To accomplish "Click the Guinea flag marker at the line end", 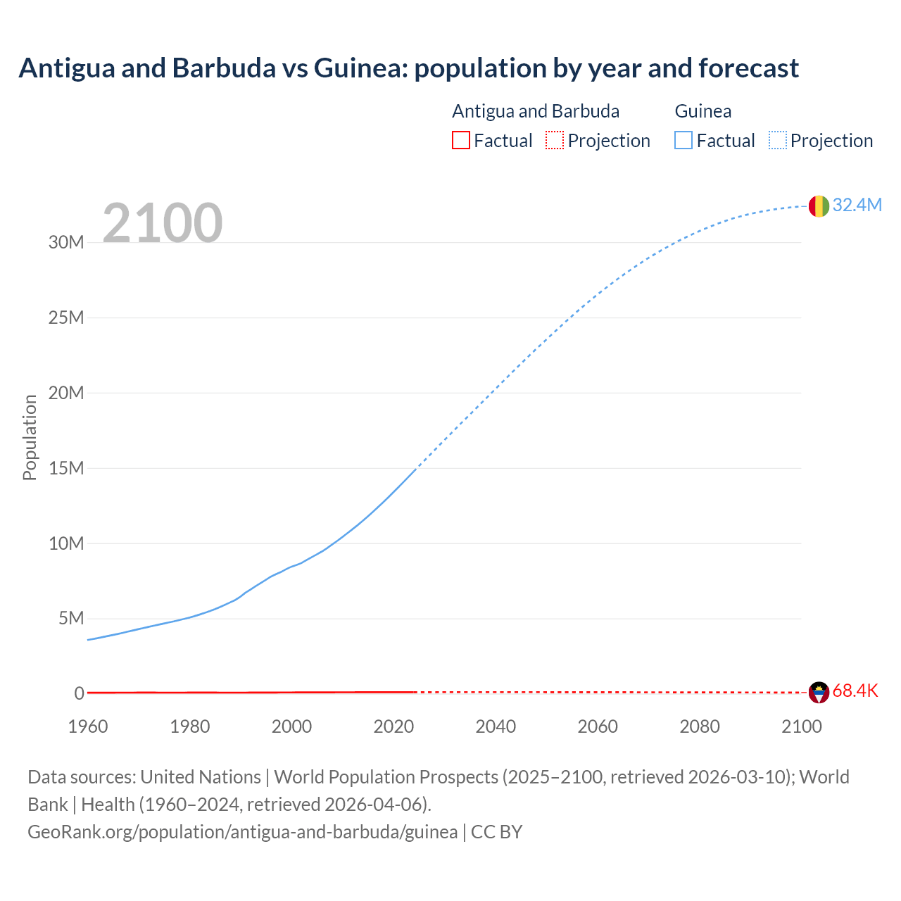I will point(819,206).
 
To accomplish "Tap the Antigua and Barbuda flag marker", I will point(819,692).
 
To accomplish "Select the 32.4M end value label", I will point(857,205).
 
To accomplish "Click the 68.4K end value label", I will point(855,691).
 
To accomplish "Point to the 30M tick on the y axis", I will point(66,243).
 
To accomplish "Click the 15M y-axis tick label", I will point(66,468).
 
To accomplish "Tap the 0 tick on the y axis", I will point(79,694).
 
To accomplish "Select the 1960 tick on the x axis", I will point(88,726).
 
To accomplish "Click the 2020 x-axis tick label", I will point(393,726).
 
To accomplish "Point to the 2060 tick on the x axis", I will point(598,726).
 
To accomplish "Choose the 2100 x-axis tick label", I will point(801,726).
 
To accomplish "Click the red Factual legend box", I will point(460,141).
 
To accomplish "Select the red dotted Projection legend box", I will point(555,141).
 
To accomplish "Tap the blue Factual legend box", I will point(683,141).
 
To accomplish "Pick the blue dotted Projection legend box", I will point(778,141).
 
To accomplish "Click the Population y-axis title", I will point(30,437).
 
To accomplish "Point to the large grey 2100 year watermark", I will point(163,223).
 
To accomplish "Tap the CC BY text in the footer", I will point(496,832).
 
